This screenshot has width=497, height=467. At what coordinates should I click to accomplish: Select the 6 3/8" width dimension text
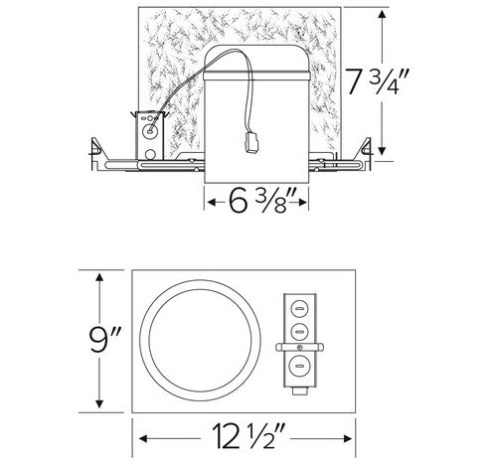tap(257, 202)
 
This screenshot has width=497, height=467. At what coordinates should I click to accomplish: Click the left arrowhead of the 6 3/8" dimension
tap(209, 202)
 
